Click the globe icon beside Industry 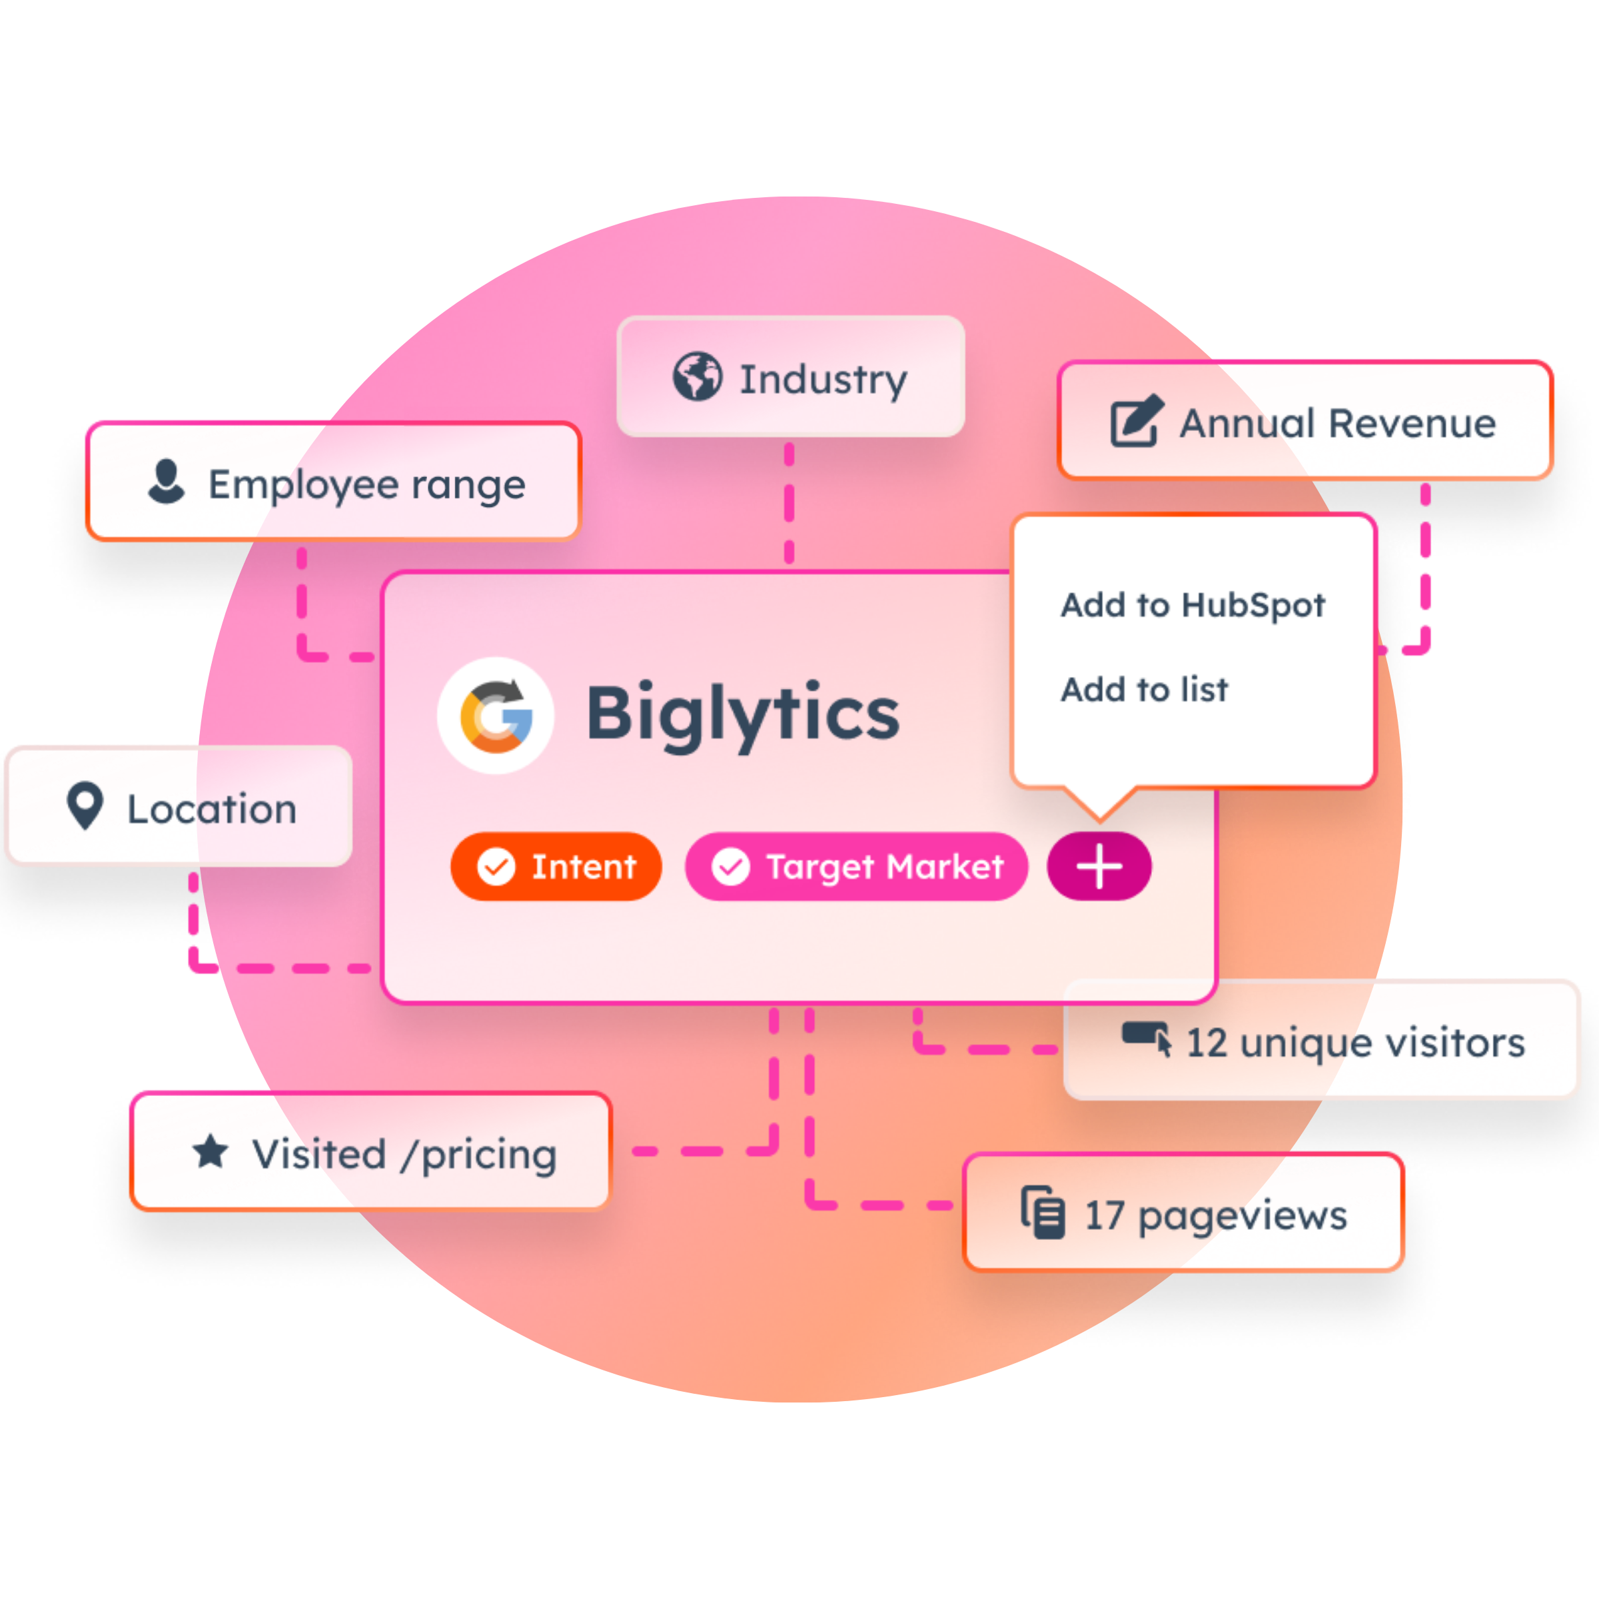point(697,376)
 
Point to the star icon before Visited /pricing point(211,1151)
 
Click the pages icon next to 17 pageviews point(1043,1213)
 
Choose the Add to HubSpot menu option point(1193,605)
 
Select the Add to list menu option point(1144,690)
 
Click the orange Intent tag point(556,867)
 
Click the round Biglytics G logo point(496,715)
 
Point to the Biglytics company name point(742,714)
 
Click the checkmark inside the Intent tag point(496,867)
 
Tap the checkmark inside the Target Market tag point(731,867)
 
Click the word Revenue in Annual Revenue point(1412,424)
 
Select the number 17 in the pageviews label point(1104,1216)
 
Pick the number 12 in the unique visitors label point(1206,1043)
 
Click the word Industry point(823,380)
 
